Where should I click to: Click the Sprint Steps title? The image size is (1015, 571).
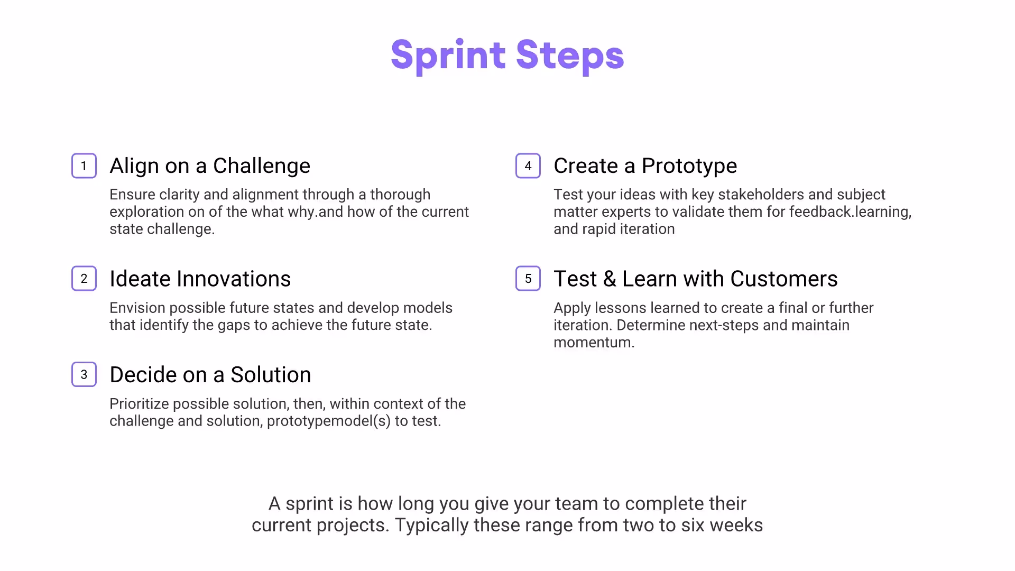click(x=508, y=55)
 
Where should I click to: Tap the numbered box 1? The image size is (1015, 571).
click(x=84, y=166)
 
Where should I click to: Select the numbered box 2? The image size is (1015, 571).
click(x=84, y=279)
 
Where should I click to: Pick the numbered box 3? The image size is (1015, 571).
click(x=84, y=374)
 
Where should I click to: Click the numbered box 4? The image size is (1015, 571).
click(x=528, y=166)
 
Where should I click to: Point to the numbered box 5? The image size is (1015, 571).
click(x=528, y=279)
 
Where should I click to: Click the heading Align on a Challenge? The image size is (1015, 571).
click(x=210, y=166)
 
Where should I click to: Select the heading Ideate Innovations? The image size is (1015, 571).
click(x=200, y=279)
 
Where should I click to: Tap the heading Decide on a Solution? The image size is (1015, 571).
click(x=210, y=375)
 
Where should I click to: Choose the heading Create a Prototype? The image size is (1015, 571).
click(x=645, y=166)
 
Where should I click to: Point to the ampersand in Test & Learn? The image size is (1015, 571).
click(x=610, y=279)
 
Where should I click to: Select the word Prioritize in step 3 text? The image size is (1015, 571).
click(x=139, y=404)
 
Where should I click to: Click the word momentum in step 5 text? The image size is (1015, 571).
click(x=592, y=343)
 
